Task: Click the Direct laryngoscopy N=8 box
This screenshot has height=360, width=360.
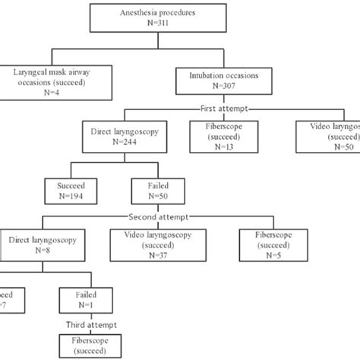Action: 33,244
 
